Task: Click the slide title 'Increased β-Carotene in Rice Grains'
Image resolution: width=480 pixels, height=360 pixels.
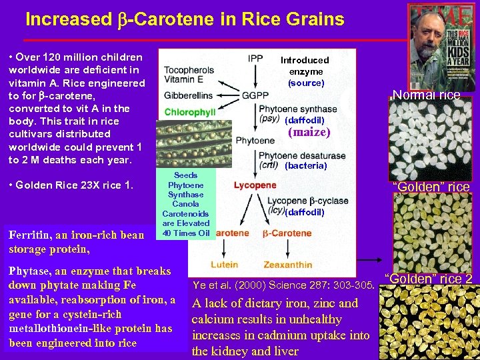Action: [185, 19]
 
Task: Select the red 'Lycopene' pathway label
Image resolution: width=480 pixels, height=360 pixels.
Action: [255, 185]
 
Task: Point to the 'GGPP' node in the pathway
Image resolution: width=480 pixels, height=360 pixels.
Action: [255, 95]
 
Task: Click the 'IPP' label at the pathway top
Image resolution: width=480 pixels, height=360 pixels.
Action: [255, 59]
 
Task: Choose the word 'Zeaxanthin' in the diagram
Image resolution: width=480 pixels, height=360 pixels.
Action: [288, 265]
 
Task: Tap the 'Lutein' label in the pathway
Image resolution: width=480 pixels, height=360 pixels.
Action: [224, 265]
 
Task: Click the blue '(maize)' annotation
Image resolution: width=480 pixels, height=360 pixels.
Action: [309, 132]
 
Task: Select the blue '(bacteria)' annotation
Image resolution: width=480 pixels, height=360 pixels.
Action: [305, 165]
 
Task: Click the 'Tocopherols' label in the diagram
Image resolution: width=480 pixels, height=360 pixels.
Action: [189, 69]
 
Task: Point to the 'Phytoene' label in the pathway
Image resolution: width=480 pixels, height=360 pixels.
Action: [255, 141]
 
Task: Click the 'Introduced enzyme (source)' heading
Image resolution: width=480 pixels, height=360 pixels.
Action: [305, 71]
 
